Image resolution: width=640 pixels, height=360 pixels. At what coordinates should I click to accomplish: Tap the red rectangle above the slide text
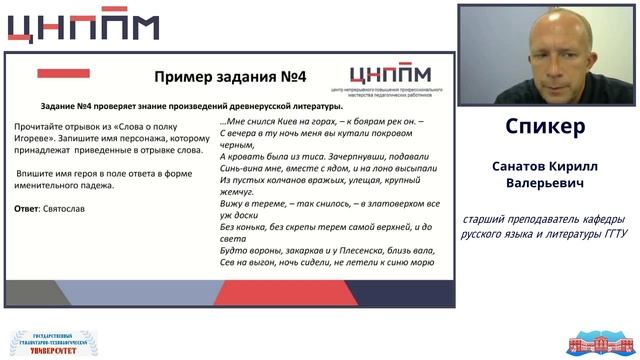point(63,73)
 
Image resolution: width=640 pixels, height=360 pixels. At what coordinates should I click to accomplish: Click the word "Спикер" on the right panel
point(545,127)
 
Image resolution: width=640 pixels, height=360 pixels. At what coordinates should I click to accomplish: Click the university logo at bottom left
point(55,343)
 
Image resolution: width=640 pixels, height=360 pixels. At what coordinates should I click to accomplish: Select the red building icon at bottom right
point(600,343)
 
